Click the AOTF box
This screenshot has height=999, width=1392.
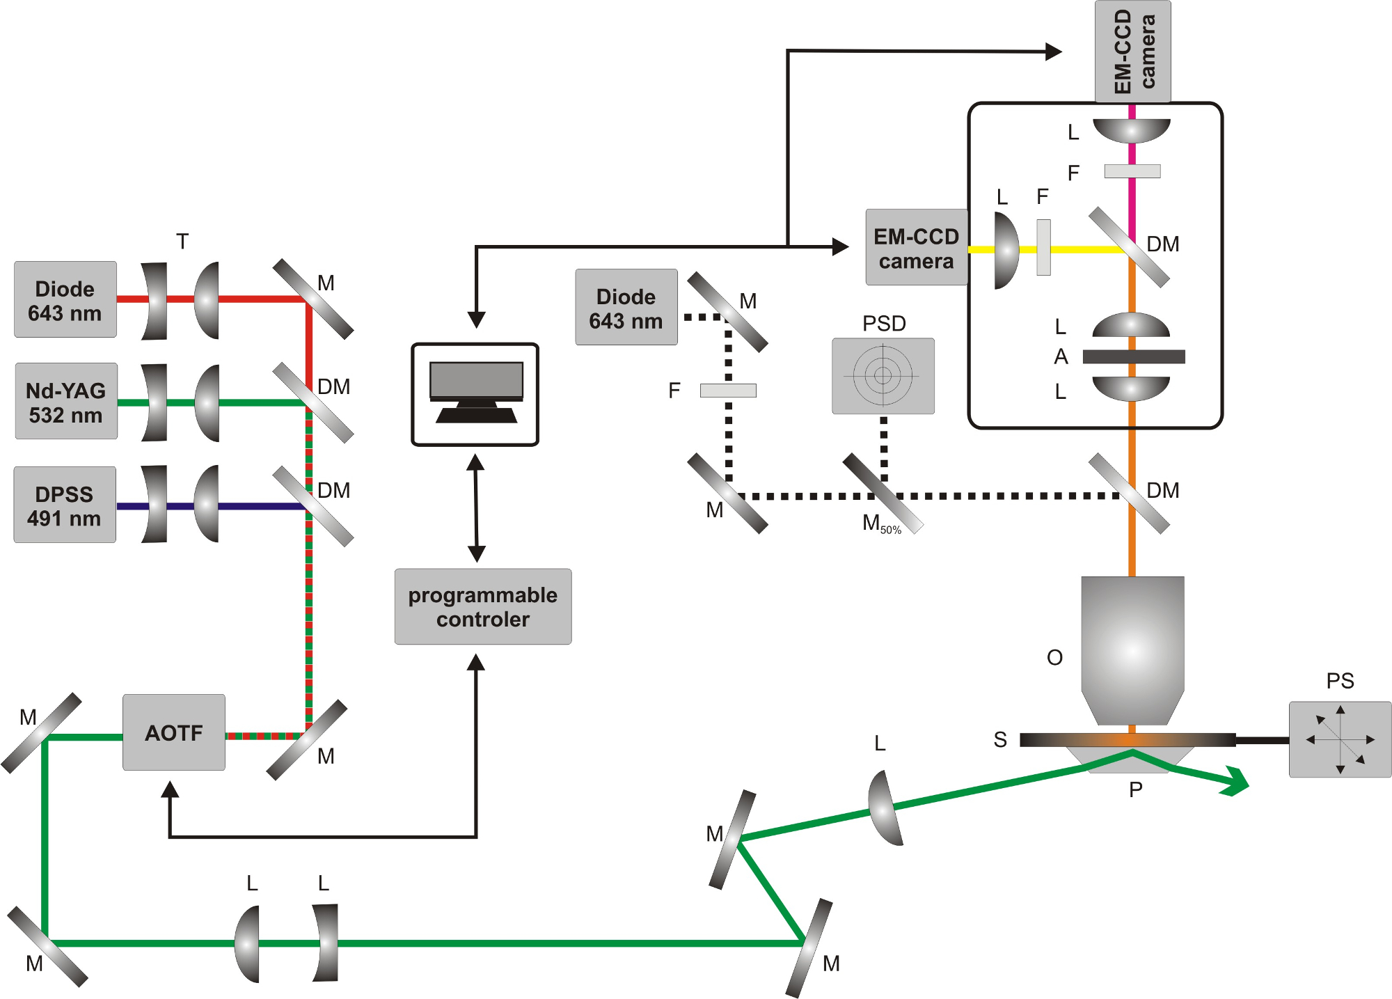pos(174,732)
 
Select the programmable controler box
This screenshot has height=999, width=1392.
pos(483,607)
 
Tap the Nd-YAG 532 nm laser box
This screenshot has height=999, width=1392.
pos(66,402)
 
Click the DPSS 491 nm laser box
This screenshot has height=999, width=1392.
pos(65,505)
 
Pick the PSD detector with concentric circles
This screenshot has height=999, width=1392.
pos(883,376)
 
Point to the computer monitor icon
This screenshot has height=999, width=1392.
pos(475,394)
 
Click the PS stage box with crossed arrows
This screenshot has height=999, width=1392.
pos(1340,739)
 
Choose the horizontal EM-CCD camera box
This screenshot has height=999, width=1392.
pos(916,248)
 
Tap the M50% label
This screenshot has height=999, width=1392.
pos(880,524)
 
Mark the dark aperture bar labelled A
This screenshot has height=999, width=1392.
pos(1133,357)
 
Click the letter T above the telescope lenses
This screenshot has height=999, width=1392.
pos(182,242)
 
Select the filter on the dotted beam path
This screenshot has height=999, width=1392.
pos(728,391)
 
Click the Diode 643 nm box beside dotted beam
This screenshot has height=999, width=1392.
pos(626,308)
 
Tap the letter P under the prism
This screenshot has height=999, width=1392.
pos(1135,790)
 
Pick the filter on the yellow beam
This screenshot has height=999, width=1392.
pos(1043,248)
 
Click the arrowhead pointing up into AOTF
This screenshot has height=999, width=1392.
pos(170,789)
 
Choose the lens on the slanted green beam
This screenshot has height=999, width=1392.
pos(885,808)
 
